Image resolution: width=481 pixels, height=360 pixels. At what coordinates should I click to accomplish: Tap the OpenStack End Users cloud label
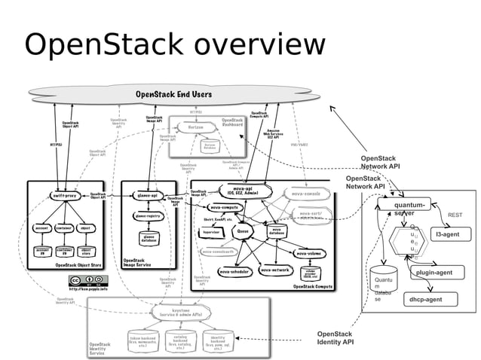pyautogui.click(x=173, y=94)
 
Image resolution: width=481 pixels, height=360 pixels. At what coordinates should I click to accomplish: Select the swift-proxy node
pyautogui.click(x=66, y=196)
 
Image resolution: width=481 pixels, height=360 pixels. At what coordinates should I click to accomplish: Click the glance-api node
pyautogui.click(x=146, y=196)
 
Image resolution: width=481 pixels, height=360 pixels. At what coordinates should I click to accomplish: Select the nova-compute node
pyautogui.click(x=225, y=207)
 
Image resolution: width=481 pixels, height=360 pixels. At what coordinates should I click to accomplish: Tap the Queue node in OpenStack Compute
pyautogui.click(x=244, y=233)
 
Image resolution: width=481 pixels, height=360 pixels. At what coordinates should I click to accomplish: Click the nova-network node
pyautogui.click(x=274, y=269)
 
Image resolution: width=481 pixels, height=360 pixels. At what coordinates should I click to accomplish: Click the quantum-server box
pyautogui.click(x=408, y=207)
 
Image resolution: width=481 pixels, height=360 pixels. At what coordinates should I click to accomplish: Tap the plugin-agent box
pyautogui.click(x=434, y=273)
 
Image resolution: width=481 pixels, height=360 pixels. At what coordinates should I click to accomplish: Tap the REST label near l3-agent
pyautogui.click(x=455, y=215)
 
